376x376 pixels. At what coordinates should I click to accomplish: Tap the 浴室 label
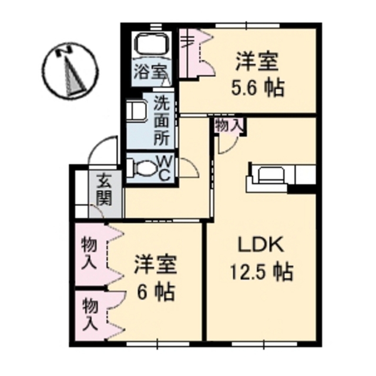pyautogui.click(x=150, y=72)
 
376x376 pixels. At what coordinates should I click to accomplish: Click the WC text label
pyautogui.click(x=164, y=169)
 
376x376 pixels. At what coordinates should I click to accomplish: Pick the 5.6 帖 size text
pyautogui.click(x=258, y=88)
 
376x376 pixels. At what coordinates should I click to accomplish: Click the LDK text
pyautogui.click(x=261, y=245)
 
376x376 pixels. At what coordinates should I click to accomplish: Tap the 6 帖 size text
pyautogui.click(x=155, y=292)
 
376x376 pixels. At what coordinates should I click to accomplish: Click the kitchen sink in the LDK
pyautogui.click(x=271, y=175)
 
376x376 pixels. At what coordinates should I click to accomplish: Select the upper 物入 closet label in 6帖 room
pyautogui.click(x=89, y=253)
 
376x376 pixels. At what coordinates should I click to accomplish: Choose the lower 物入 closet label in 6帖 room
pyautogui.click(x=90, y=314)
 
